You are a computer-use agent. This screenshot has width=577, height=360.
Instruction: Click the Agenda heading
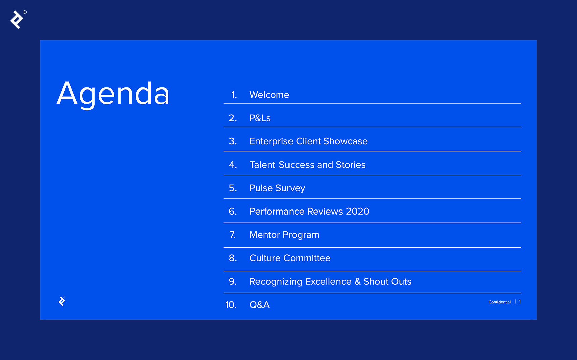pyautogui.click(x=113, y=94)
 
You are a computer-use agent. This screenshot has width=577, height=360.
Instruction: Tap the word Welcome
pyautogui.click(x=269, y=95)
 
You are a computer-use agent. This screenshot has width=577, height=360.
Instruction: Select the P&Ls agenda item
pyautogui.click(x=260, y=118)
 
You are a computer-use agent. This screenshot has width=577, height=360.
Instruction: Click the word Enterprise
pyautogui.click(x=271, y=141)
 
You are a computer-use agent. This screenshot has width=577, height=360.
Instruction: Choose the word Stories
pyautogui.click(x=351, y=165)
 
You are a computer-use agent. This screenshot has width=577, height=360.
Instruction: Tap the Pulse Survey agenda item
pyautogui.click(x=277, y=188)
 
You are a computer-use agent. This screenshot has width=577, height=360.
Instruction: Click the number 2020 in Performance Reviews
pyautogui.click(x=358, y=211)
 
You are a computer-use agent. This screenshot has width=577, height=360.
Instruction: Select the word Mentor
pyautogui.click(x=265, y=235)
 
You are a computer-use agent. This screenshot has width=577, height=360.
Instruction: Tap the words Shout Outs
pyautogui.click(x=387, y=281)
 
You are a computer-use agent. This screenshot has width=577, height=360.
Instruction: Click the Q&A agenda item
pyautogui.click(x=260, y=305)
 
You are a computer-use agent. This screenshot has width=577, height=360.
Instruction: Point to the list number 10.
pyautogui.click(x=231, y=305)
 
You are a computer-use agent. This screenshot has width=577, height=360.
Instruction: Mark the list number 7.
pyautogui.click(x=233, y=235)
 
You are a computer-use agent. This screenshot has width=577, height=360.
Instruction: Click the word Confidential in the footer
pyautogui.click(x=500, y=302)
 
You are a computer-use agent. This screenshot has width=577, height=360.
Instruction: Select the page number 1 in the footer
pyautogui.click(x=520, y=302)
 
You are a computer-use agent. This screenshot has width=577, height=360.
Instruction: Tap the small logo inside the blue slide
pyautogui.click(x=62, y=301)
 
